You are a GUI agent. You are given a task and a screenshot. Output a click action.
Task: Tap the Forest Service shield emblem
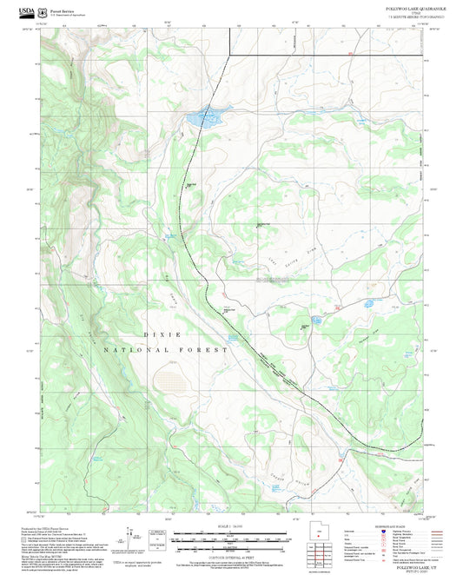pyautogui.click(x=43, y=9)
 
